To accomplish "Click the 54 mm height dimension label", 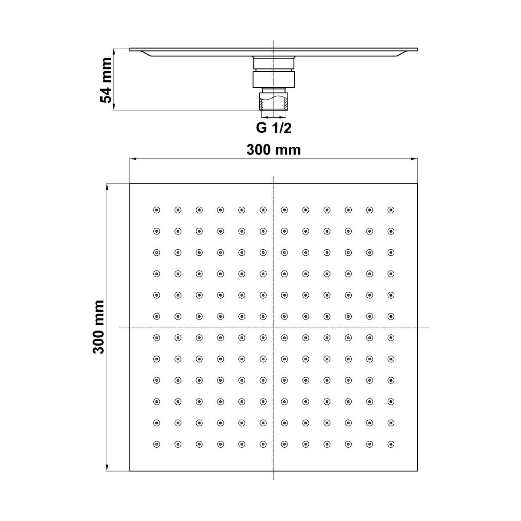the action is [x=106, y=80].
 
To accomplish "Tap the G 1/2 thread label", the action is [x=274, y=128].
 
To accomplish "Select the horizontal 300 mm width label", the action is [x=274, y=150].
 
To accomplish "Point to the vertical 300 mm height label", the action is [x=99, y=327].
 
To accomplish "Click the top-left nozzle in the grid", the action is [x=157, y=210].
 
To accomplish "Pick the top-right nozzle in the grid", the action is [x=391, y=210].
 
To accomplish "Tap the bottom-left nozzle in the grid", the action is [x=157, y=444].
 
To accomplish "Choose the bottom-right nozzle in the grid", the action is [x=391, y=444].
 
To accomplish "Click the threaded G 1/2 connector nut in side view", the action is [x=274, y=101].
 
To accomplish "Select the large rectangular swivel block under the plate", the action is [x=274, y=79].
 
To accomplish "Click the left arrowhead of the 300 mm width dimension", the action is [x=132, y=159].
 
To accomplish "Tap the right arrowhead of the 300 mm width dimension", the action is [x=415, y=159].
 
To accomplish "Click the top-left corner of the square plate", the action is [x=130, y=183].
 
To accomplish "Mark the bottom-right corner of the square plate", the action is [x=418, y=471].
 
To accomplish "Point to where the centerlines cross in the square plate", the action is [x=274, y=327].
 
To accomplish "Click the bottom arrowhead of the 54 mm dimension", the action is [x=114, y=107].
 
